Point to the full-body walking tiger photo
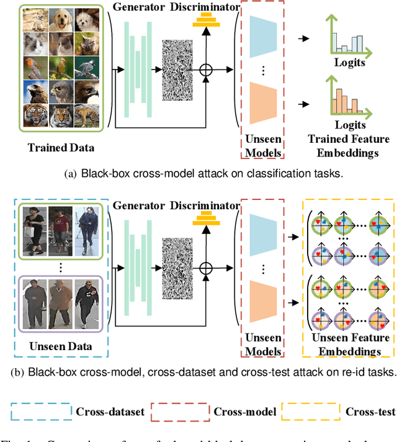(x=87, y=117)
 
